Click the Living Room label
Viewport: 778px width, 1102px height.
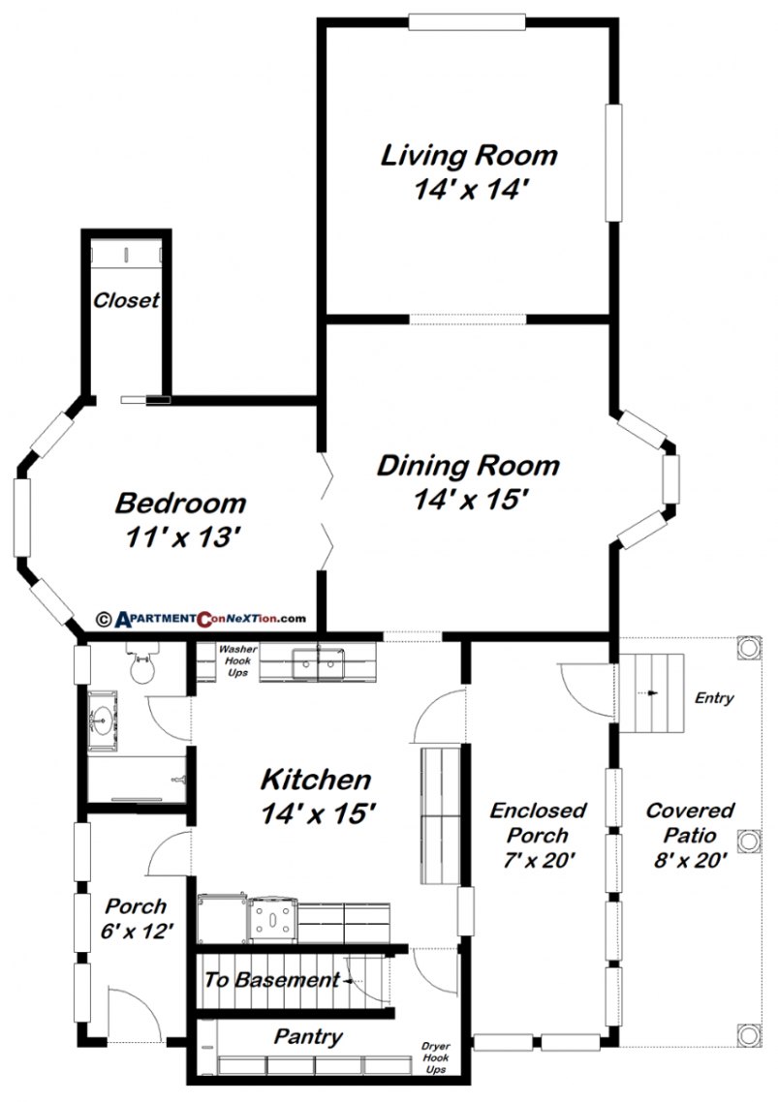point(469,155)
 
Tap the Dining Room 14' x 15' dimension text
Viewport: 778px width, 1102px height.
point(469,501)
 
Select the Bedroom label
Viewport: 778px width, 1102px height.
point(180,504)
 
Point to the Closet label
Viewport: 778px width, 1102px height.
point(126,301)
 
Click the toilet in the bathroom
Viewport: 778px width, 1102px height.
point(142,666)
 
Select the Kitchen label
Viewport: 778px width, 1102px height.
point(316,780)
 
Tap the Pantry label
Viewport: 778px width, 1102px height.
point(308,1037)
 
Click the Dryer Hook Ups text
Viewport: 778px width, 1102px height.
point(436,1058)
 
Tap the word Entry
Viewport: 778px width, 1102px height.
point(714,698)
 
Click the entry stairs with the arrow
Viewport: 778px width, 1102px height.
point(651,693)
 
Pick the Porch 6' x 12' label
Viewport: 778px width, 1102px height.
point(136,919)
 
